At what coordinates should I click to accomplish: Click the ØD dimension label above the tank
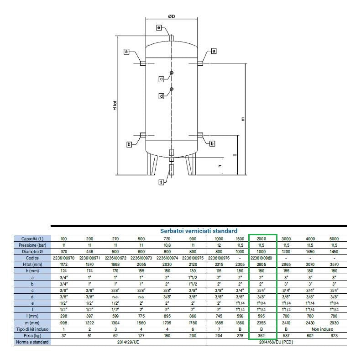172,16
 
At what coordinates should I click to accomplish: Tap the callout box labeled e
159,28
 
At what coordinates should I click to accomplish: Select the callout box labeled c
162,79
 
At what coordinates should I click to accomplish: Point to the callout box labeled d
162,96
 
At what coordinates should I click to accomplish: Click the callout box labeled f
161,182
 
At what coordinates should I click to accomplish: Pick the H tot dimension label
115,106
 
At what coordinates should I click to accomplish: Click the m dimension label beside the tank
243,119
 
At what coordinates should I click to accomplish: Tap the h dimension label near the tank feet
220,166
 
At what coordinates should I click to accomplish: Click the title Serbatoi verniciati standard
199,231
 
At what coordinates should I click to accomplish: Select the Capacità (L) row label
32,239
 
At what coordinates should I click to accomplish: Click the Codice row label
32,258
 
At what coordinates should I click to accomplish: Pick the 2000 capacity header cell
262,239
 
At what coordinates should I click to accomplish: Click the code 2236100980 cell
262,258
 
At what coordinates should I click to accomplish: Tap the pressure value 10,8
167,245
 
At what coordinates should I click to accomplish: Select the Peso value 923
334,336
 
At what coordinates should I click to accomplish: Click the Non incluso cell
322,329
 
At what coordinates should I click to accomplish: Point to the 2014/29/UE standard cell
128,342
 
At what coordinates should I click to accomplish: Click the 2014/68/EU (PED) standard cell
276,342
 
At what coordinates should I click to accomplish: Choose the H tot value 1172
63,265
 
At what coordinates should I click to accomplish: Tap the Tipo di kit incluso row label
32,329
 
